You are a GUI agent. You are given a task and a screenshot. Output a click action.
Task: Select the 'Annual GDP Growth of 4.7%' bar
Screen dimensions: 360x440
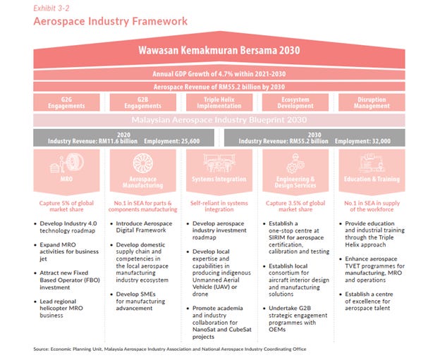pyautogui.click(x=219, y=74)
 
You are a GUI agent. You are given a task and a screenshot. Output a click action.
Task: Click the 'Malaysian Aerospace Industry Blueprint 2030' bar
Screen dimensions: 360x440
pyautogui.click(x=219, y=120)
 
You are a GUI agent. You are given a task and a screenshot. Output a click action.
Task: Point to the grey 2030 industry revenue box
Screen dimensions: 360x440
pyautogui.click(x=317, y=137)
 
